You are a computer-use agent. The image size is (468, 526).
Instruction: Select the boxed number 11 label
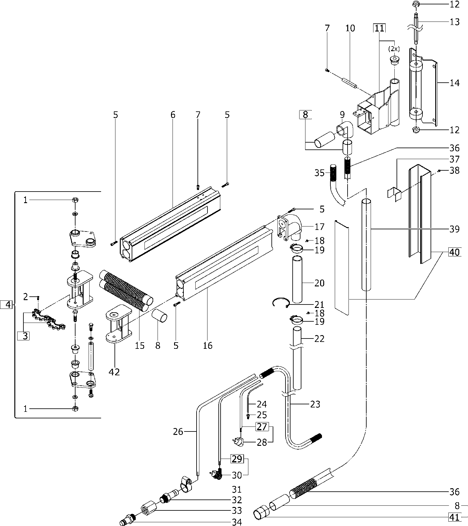click(x=379, y=28)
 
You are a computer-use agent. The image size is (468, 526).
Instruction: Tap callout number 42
click(x=115, y=372)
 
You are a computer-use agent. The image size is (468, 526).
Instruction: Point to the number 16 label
click(x=207, y=345)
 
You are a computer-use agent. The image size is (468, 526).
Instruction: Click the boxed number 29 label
click(x=237, y=459)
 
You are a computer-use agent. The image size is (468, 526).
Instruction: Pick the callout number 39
click(x=455, y=229)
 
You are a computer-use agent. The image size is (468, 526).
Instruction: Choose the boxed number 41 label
click(x=455, y=517)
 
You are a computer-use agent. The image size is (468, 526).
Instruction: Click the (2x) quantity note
click(x=394, y=49)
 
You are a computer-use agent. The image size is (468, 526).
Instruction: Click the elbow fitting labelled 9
click(x=345, y=129)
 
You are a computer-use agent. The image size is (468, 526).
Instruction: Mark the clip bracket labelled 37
click(x=394, y=193)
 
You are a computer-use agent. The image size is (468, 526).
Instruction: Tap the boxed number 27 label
click(x=262, y=426)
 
